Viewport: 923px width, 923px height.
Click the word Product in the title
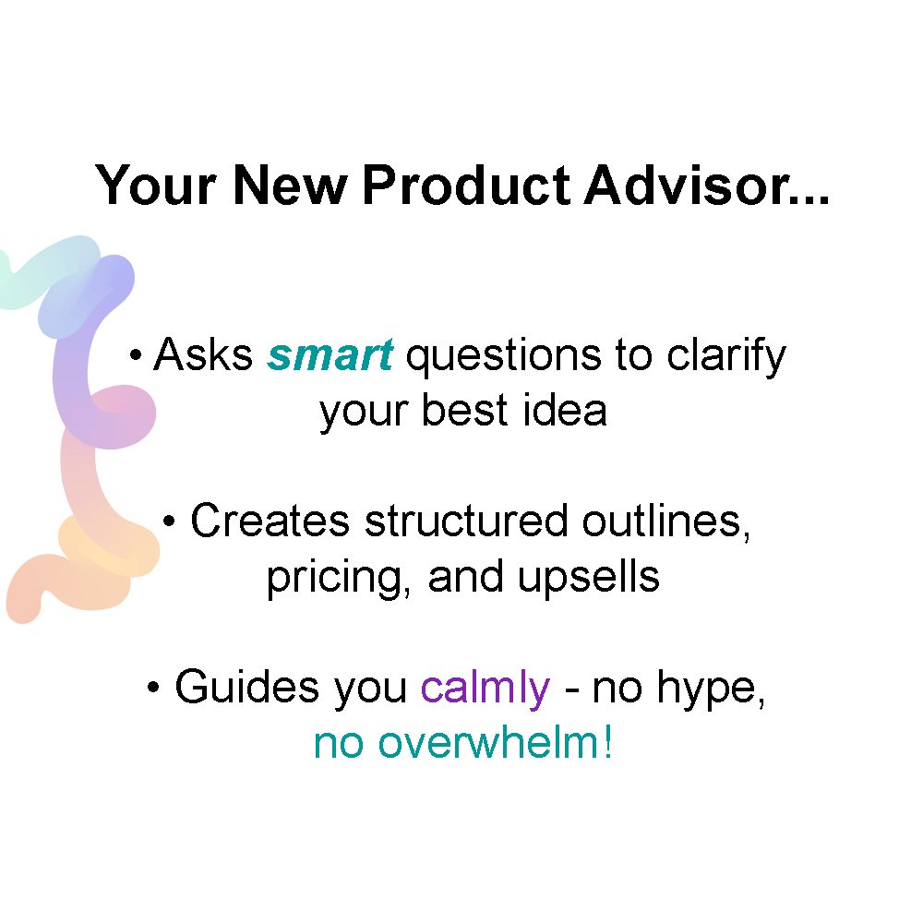coord(466,185)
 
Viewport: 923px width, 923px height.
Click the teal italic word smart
coord(330,355)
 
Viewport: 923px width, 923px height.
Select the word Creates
coord(270,521)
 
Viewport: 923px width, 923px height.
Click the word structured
coord(465,521)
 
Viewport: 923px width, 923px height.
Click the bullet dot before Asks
coord(136,356)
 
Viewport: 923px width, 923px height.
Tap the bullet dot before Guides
coord(154,689)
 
